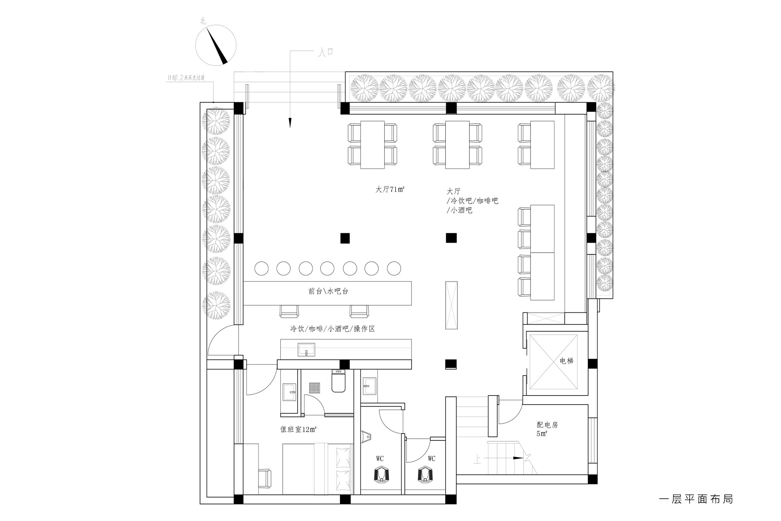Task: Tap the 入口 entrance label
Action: (x=325, y=52)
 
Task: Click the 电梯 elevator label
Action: (x=566, y=361)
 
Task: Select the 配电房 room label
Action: (x=547, y=425)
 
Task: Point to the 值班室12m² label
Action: (x=298, y=430)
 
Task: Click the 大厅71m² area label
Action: (x=390, y=190)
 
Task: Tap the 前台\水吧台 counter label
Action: (x=328, y=291)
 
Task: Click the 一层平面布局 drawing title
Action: (x=696, y=498)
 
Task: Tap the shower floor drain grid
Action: (x=315, y=388)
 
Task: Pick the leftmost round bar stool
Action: (x=261, y=268)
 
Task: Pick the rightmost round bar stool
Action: (x=394, y=268)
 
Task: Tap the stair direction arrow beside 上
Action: (x=517, y=458)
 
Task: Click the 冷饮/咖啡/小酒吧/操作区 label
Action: (x=332, y=329)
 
